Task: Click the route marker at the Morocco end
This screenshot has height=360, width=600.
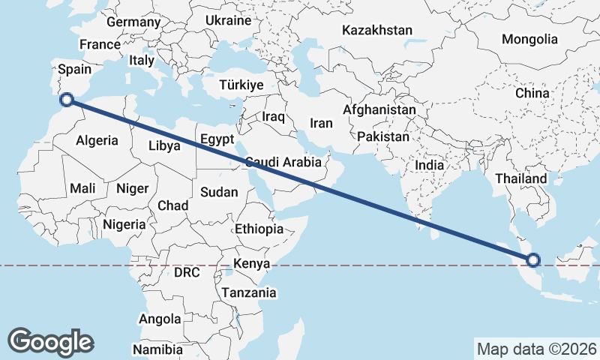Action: [66, 98]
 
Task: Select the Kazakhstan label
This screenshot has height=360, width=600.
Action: [377, 31]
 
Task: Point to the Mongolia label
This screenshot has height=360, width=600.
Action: [529, 39]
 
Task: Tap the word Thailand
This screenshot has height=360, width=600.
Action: [521, 179]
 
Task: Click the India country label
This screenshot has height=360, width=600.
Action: [430, 165]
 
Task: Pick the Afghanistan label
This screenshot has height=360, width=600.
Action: [379, 110]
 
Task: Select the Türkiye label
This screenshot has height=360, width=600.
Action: [241, 85]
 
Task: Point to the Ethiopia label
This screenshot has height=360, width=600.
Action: [259, 229]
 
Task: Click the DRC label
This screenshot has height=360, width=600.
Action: [187, 273]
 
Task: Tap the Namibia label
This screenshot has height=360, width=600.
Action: [157, 349]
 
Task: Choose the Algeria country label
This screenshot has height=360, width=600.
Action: [97, 140]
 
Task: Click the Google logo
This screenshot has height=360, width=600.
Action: [50, 342]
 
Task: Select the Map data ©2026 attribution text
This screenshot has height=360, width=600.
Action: [536, 349]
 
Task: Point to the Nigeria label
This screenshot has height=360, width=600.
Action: [124, 224]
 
